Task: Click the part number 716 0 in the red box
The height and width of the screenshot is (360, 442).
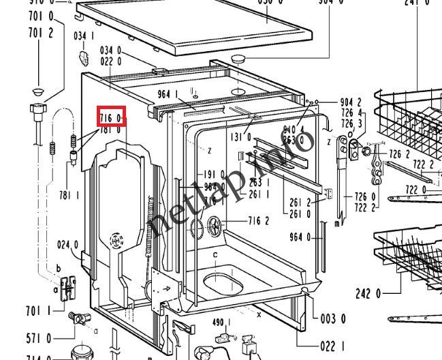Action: click(x=111, y=118)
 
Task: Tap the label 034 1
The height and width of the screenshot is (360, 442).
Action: click(x=84, y=35)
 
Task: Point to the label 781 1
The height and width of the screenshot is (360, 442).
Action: click(x=69, y=196)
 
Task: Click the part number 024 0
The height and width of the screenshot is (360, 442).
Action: click(x=67, y=245)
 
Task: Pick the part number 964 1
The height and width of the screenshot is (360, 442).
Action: click(x=168, y=94)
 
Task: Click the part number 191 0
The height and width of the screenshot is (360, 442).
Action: click(x=215, y=174)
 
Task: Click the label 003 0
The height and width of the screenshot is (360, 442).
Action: click(x=333, y=318)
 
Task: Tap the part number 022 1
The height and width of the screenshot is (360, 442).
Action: click(x=333, y=346)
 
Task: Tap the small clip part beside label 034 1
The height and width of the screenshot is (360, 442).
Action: click(x=85, y=57)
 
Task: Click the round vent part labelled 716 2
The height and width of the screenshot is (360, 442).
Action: click(x=217, y=224)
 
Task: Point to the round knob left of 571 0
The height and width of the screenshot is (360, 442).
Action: click(x=76, y=318)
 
